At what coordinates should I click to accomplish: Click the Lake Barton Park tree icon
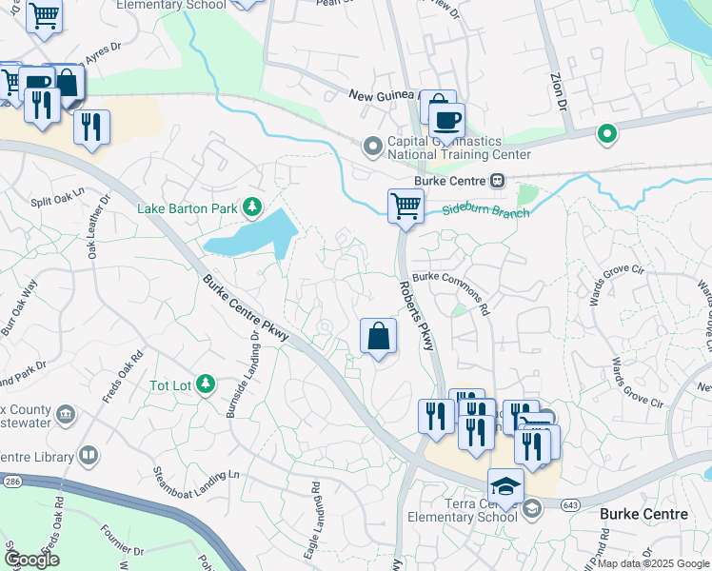(x=252, y=207)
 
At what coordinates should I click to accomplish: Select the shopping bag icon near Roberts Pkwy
(x=378, y=337)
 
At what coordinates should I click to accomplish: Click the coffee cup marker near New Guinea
(x=445, y=121)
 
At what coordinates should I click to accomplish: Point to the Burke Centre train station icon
(x=497, y=181)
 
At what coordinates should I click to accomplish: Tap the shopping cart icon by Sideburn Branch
(x=405, y=206)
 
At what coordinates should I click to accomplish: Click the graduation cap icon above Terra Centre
(x=506, y=488)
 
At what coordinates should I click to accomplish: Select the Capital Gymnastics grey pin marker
(x=372, y=147)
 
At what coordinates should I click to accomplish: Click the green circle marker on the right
(x=604, y=134)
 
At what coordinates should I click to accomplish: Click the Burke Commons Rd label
(x=452, y=293)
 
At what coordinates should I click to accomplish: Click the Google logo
(x=31, y=560)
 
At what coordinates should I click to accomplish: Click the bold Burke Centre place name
(x=643, y=515)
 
